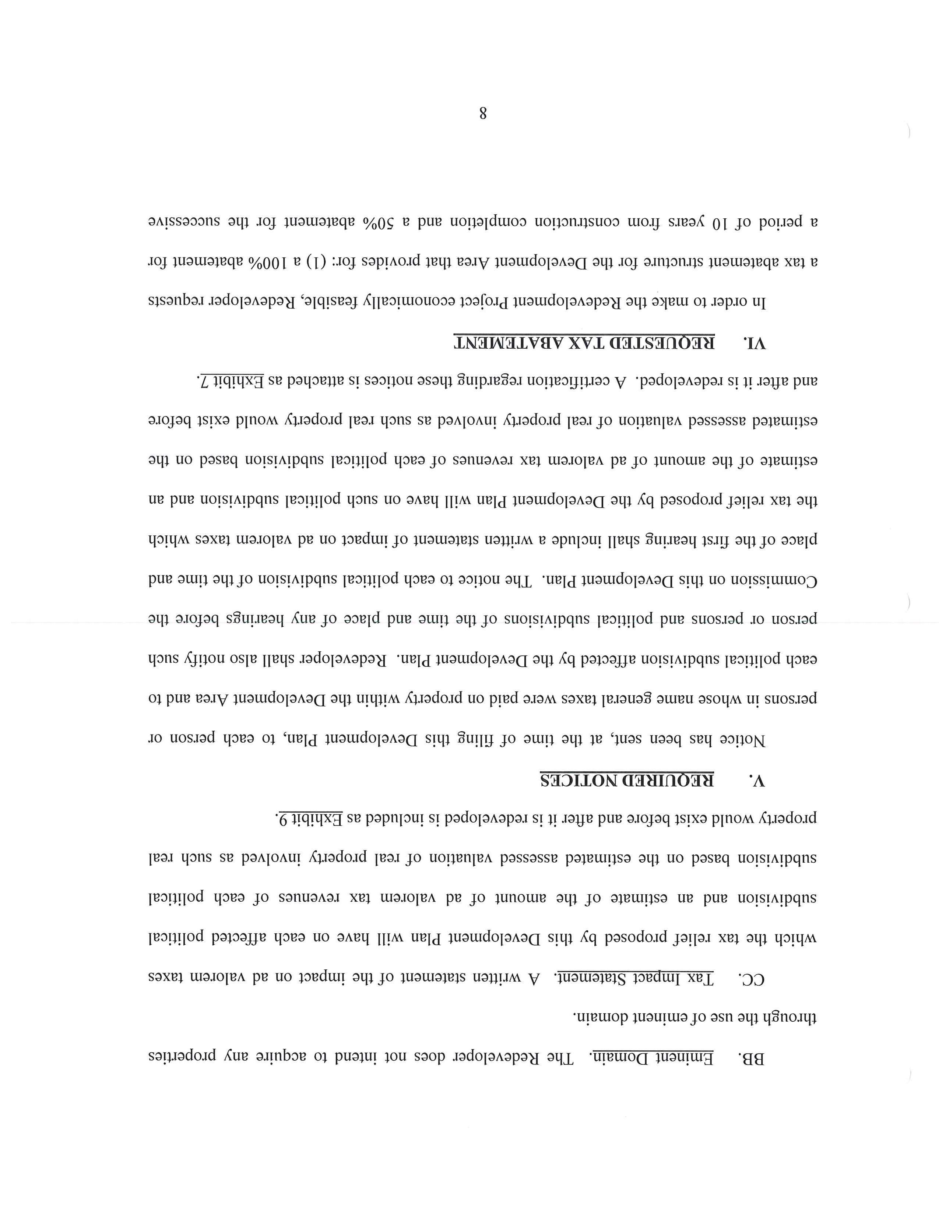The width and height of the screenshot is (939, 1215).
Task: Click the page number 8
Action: click(x=482, y=113)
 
